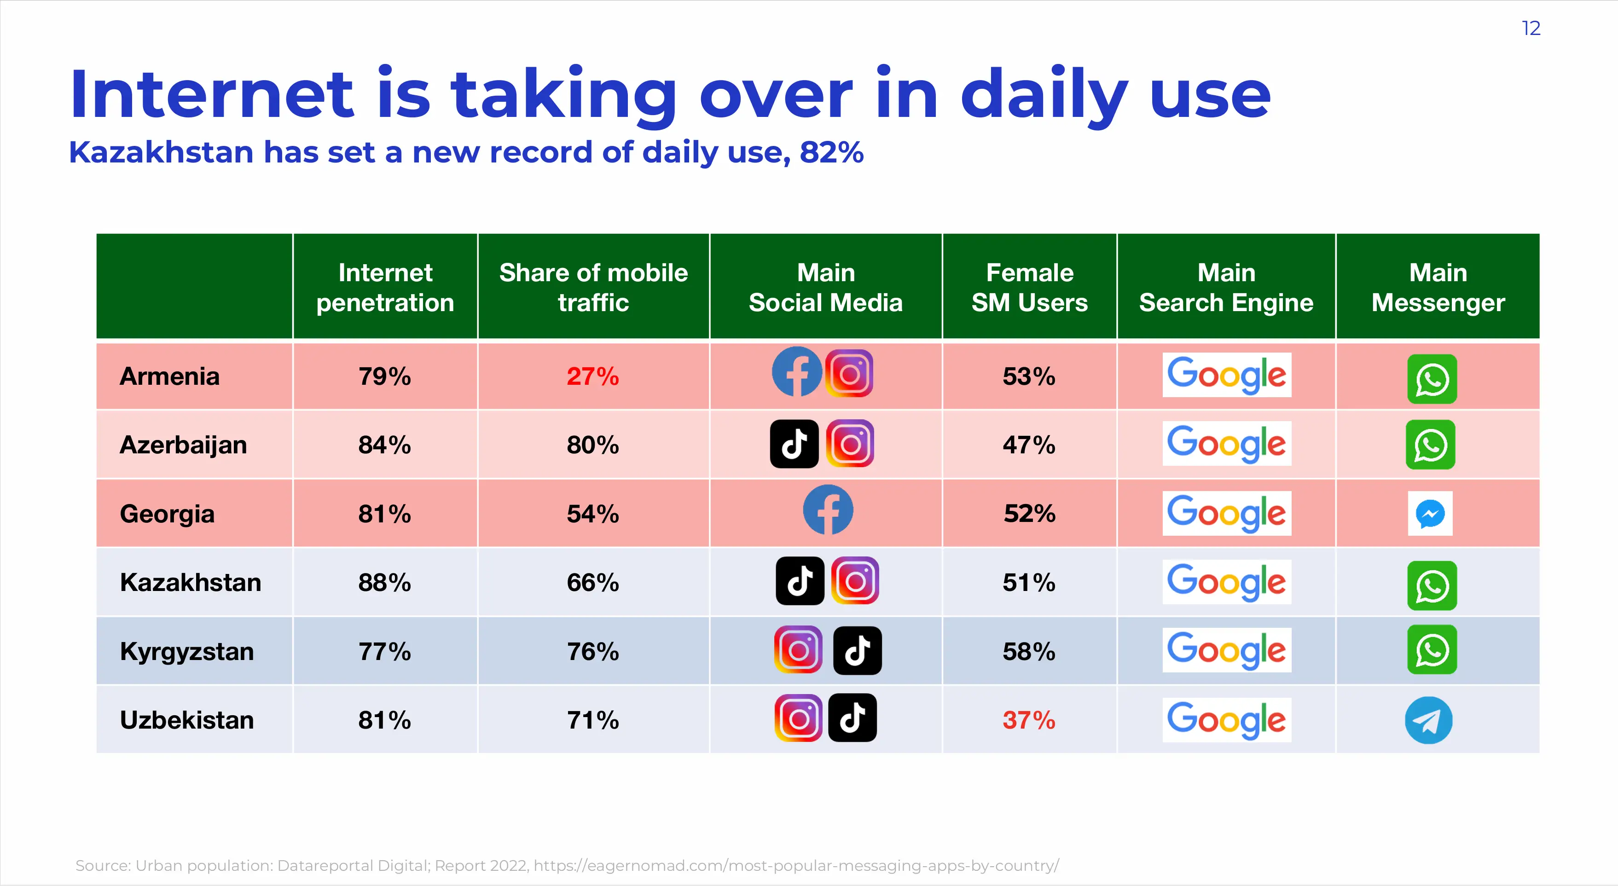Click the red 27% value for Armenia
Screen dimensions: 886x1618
(592, 377)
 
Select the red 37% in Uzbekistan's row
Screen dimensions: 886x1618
(1028, 720)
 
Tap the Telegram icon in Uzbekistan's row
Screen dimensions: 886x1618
(1428, 720)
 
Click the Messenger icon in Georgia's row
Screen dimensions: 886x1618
(1430, 514)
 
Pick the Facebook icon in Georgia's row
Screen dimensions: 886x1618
(828, 510)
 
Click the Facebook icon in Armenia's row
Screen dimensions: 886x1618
(796, 372)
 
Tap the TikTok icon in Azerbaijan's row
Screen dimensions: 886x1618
(794, 444)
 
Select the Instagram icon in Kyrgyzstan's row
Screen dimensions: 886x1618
(798, 650)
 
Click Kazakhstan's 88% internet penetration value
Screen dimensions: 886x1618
(384, 583)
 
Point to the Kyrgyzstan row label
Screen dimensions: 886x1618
(186, 651)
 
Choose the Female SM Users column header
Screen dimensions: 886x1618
(1029, 288)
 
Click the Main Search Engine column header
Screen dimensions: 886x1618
(1226, 288)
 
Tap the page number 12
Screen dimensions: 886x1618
(1531, 28)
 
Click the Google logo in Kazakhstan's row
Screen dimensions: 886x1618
(1226, 582)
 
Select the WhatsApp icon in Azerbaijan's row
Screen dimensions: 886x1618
(1430, 445)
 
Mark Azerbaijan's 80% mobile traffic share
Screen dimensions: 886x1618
(592, 445)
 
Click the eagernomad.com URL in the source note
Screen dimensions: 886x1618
(796, 865)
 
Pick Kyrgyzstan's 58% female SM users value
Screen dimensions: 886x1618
(1028, 651)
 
